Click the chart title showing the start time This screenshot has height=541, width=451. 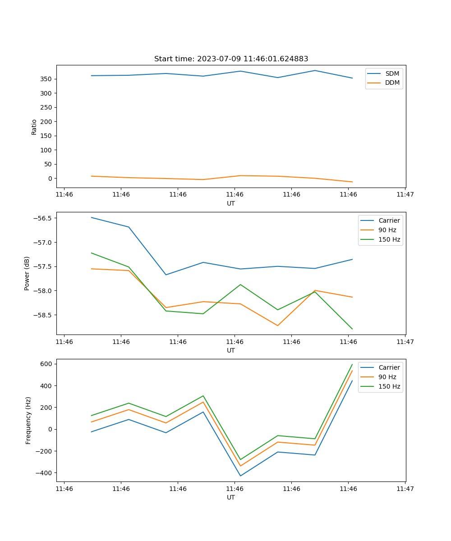[231, 59]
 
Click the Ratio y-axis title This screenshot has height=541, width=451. [34, 127]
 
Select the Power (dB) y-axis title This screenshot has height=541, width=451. [27, 273]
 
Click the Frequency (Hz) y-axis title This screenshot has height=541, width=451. [28, 420]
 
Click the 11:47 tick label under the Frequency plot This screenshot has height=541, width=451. [405, 489]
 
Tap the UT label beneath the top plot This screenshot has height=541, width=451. [231, 203]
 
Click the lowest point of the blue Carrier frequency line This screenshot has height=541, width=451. [240, 476]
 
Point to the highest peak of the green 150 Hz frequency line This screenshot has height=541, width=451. [352, 364]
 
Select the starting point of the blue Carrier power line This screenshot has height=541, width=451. [92, 217]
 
